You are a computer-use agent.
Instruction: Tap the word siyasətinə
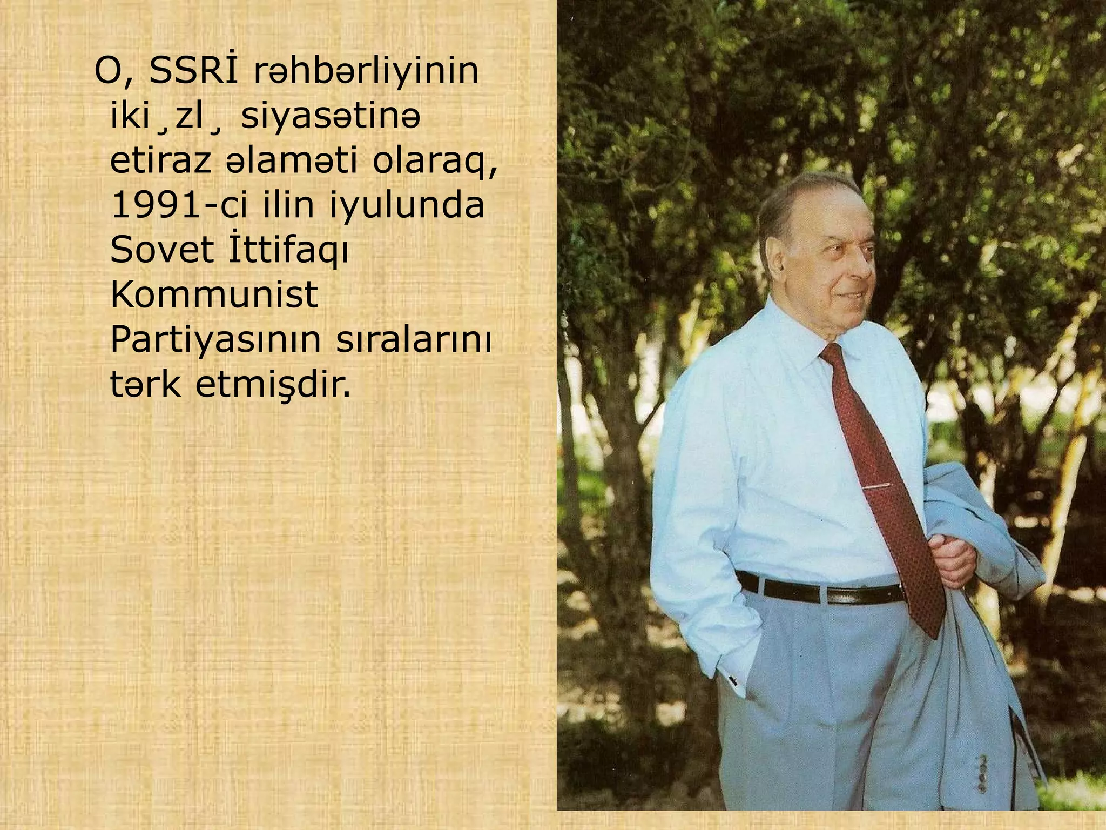(330, 117)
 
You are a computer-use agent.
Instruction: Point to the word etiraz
(160, 162)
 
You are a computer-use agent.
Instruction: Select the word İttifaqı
(289, 251)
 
